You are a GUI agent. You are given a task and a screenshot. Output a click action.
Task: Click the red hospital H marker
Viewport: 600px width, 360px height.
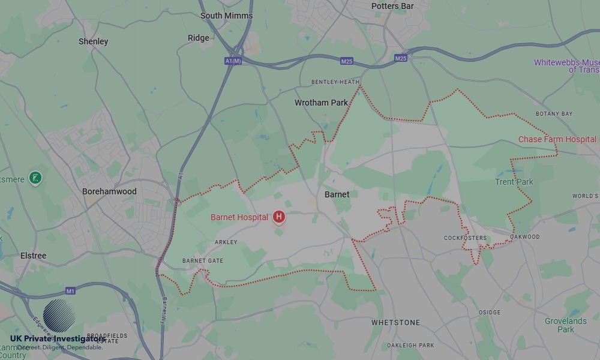(x=279, y=217)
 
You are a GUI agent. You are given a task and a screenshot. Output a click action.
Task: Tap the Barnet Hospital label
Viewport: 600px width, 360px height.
(x=239, y=217)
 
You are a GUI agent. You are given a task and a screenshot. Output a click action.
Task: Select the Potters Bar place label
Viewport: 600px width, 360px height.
(x=392, y=6)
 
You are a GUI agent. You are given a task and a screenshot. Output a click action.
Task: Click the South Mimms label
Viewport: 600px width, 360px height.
(x=226, y=16)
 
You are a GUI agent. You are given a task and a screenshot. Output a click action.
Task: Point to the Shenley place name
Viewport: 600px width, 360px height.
(x=94, y=41)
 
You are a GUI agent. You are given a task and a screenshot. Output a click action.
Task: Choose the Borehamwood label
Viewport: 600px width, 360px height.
(x=109, y=191)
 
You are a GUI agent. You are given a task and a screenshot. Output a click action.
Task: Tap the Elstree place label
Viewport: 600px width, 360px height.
(x=33, y=256)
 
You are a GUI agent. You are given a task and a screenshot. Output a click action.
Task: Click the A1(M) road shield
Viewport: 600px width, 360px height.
(x=233, y=61)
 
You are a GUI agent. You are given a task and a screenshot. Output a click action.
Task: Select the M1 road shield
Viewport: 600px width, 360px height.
(x=70, y=291)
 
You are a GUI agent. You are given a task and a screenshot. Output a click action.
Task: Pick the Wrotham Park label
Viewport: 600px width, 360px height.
(x=321, y=103)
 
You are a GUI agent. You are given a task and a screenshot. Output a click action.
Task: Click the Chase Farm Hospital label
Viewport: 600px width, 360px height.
(x=557, y=139)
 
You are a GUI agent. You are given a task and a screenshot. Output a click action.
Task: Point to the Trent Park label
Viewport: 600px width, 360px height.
(x=514, y=182)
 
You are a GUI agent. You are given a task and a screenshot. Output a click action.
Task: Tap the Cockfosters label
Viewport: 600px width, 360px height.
(x=465, y=238)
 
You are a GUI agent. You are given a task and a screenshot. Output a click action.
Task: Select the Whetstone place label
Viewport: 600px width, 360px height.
(x=395, y=323)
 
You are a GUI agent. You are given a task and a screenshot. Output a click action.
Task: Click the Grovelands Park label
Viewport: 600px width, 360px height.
(x=565, y=325)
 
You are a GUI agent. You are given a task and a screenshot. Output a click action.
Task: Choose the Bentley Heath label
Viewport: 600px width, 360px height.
(x=335, y=82)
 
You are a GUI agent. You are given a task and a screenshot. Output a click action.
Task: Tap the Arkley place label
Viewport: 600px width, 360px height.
(x=226, y=242)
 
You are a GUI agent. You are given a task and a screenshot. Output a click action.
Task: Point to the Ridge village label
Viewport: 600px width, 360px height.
(x=199, y=38)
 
